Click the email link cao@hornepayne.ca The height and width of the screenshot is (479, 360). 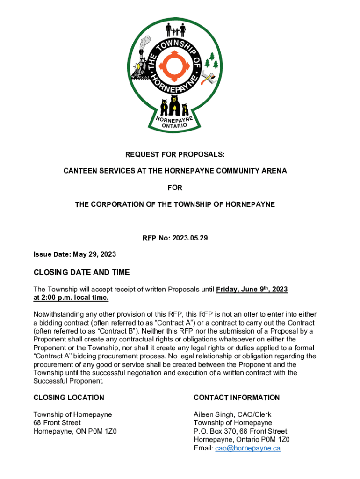pyautogui.click(x=247, y=448)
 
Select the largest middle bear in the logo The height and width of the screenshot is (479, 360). pyautogui.click(x=174, y=106)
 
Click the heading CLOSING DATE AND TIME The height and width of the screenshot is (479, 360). pyautogui.click(x=81, y=272)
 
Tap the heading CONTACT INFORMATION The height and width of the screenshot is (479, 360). pyautogui.click(x=237, y=398)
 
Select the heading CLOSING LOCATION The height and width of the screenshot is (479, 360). pyautogui.click(x=69, y=398)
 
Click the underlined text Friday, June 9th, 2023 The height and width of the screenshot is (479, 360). pyautogui.click(x=252, y=290)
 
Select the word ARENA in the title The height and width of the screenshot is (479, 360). pyautogui.click(x=274, y=171)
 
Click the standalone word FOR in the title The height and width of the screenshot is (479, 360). pyautogui.click(x=175, y=188)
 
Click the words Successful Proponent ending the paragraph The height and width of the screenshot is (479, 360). pyautogui.click(x=68, y=381)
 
